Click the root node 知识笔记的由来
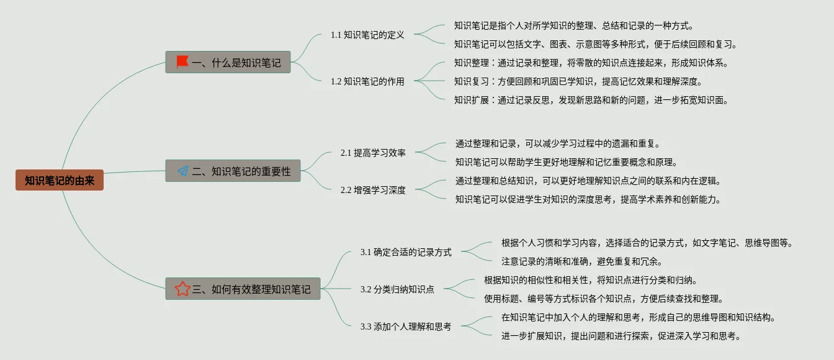60,181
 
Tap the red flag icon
182,62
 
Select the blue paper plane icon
182,171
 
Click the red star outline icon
182,289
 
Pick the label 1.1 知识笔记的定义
367,35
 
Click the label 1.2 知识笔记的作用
367,81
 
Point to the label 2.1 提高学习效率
373,153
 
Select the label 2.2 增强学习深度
373,190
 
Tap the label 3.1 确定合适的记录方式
406,252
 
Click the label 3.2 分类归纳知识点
397,289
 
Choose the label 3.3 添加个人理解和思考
406,326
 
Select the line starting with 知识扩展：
591,100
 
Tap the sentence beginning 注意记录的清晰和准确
581,261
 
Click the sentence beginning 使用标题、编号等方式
603,299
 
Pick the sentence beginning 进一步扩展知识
621,336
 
